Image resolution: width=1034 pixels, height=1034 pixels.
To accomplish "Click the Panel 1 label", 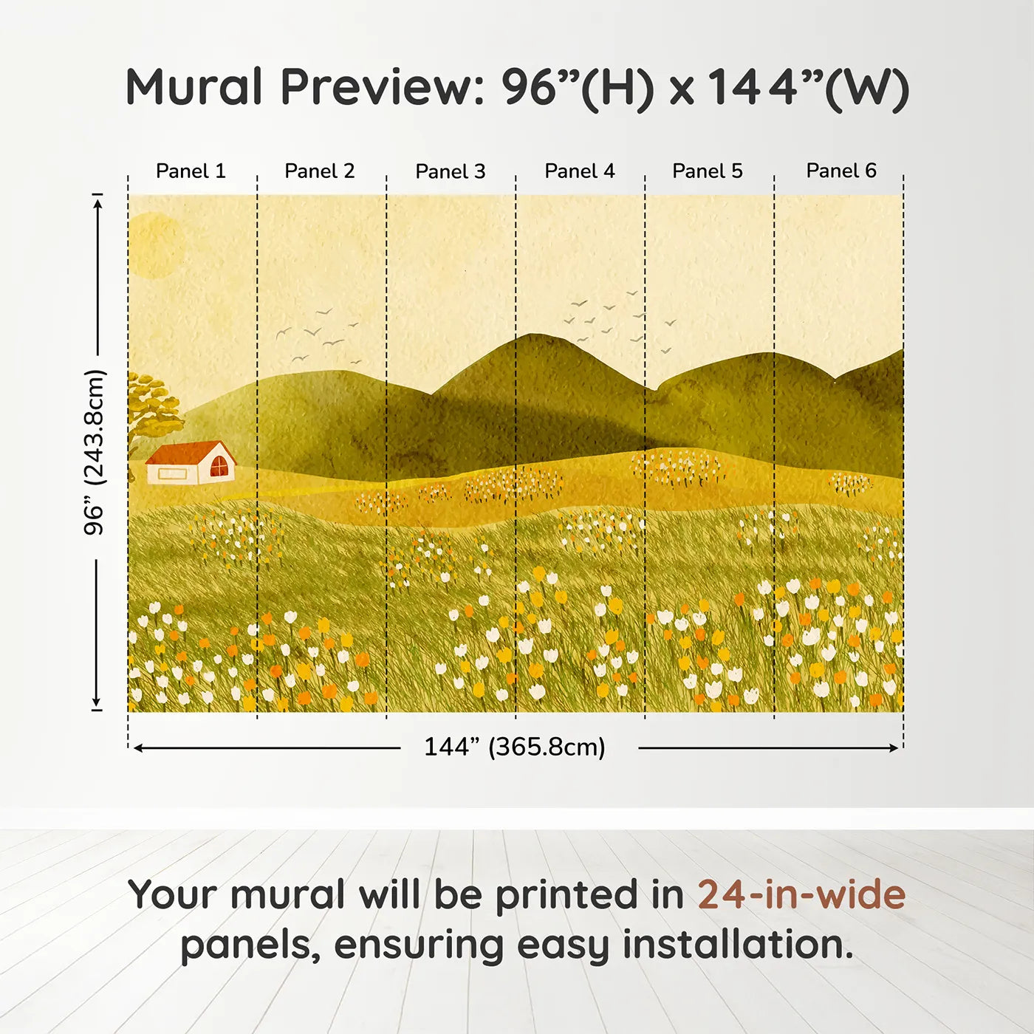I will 191,171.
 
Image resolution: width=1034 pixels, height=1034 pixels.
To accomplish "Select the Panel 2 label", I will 320,171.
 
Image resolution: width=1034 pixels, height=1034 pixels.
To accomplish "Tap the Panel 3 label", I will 451,171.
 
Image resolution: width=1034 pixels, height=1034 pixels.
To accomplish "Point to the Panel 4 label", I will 580,171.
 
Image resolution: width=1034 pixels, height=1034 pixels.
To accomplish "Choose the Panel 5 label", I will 708,171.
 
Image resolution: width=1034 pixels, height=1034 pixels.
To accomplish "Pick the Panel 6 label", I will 841,171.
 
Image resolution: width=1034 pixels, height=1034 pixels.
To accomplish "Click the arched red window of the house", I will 219,467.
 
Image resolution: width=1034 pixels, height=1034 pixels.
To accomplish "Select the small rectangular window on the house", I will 172,473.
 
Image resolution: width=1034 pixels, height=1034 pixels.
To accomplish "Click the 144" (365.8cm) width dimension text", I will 515,747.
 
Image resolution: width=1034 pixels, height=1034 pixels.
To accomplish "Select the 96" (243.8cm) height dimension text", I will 95,452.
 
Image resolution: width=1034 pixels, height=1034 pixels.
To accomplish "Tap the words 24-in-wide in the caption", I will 801,895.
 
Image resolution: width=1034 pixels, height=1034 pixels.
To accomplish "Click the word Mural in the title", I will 194,87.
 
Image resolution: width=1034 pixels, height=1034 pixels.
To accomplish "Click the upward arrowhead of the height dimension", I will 97,200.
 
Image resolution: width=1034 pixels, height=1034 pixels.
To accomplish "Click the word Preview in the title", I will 382,87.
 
